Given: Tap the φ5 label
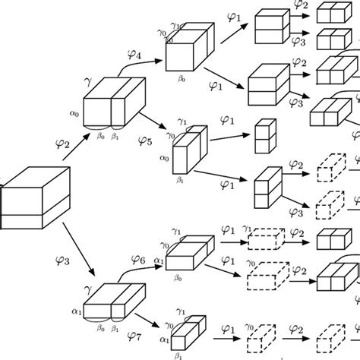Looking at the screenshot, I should pos(145,139).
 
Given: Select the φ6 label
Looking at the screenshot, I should pos(137,261).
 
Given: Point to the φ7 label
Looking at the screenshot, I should pos(134,334).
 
